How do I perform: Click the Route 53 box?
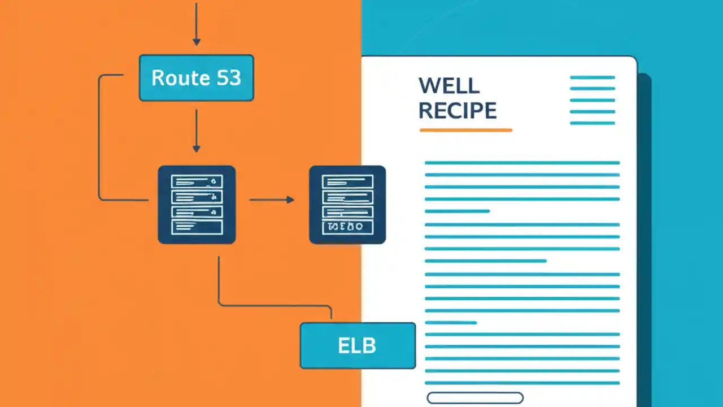[x=197, y=78]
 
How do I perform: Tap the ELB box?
[x=358, y=345]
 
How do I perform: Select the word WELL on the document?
[x=449, y=86]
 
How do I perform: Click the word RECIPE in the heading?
[x=458, y=110]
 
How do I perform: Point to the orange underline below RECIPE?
[x=465, y=131]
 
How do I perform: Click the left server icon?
[x=197, y=205]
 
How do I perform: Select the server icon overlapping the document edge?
[x=347, y=205]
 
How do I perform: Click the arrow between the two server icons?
[x=272, y=200]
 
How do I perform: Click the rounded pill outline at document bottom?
[x=475, y=398]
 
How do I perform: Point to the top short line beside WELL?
[x=593, y=77]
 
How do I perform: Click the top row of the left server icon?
[x=197, y=181]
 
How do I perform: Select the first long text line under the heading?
[x=522, y=163]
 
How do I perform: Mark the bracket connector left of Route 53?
[x=100, y=136]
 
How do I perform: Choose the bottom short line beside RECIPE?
[x=593, y=123]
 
